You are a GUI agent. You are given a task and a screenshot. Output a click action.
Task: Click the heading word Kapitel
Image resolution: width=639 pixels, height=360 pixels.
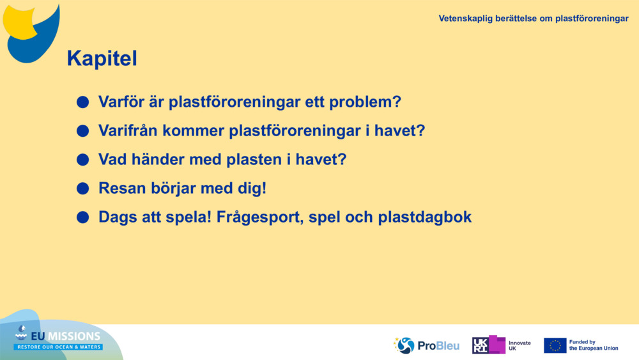click(102, 58)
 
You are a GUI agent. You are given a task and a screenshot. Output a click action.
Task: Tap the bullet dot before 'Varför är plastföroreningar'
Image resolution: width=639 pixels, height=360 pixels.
click(82, 102)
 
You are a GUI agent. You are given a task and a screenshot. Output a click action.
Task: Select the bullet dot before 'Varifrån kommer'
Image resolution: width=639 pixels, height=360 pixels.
click(82, 131)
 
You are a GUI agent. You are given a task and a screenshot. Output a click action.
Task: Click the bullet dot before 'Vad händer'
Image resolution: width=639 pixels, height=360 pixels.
click(82, 159)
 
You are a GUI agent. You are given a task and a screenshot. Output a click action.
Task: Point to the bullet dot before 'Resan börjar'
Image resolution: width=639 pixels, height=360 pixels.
click(82, 189)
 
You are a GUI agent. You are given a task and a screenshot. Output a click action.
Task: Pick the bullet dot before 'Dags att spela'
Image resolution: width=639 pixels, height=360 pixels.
click(82, 217)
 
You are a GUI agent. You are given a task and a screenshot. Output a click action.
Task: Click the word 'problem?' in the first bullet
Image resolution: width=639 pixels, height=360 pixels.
click(365, 102)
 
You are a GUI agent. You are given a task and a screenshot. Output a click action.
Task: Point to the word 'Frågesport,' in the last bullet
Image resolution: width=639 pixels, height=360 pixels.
click(260, 217)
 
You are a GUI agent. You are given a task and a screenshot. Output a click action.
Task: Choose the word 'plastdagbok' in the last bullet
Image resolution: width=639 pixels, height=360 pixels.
click(425, 217)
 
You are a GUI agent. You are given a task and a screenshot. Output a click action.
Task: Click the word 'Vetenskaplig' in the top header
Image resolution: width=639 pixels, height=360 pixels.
click(465, 19)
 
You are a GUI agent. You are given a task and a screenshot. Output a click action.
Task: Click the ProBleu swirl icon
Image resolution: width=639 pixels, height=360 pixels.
click(404, 345)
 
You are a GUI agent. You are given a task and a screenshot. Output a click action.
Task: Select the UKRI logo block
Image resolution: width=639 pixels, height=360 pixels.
click(489, 345)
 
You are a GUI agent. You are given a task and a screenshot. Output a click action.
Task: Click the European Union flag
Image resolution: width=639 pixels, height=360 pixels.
click(555, 345)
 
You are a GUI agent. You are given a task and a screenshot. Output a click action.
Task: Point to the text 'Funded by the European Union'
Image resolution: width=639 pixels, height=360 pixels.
click(594, 345)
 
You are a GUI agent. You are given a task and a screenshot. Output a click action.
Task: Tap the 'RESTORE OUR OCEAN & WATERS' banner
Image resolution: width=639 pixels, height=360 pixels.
click(59, 347)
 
